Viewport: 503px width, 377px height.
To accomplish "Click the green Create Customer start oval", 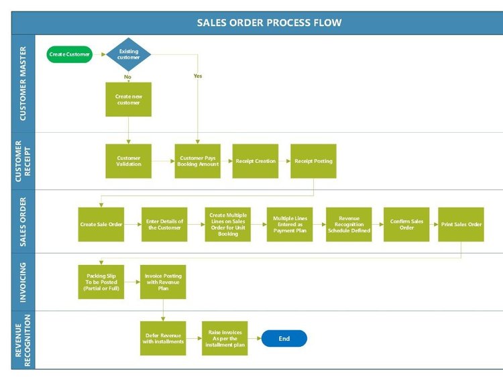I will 70,54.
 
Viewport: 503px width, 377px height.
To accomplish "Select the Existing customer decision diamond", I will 129,54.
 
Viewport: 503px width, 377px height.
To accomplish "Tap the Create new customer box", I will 128,100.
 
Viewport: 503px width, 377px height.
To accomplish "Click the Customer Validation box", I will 128,161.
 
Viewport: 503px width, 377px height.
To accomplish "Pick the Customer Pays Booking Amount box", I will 198,161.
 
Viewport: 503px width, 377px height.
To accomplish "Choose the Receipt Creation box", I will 256,161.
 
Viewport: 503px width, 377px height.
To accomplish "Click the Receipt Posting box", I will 313,161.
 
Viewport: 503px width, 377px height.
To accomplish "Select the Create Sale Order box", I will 101,224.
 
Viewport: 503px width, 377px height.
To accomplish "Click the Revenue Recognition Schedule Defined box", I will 349,224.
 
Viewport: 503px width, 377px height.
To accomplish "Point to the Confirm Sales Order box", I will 406,224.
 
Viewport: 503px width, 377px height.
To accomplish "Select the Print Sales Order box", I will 461,224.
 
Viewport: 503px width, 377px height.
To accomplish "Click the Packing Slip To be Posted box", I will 101,282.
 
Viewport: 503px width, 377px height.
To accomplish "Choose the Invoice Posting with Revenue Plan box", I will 163,282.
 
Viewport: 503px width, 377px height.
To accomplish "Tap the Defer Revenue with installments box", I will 162,338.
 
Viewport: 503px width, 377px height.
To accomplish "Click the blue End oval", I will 284,339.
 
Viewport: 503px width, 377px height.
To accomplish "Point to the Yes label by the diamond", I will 198,76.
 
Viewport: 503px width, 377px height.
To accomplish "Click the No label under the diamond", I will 127,76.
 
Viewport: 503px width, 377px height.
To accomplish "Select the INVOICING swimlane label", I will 23,282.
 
